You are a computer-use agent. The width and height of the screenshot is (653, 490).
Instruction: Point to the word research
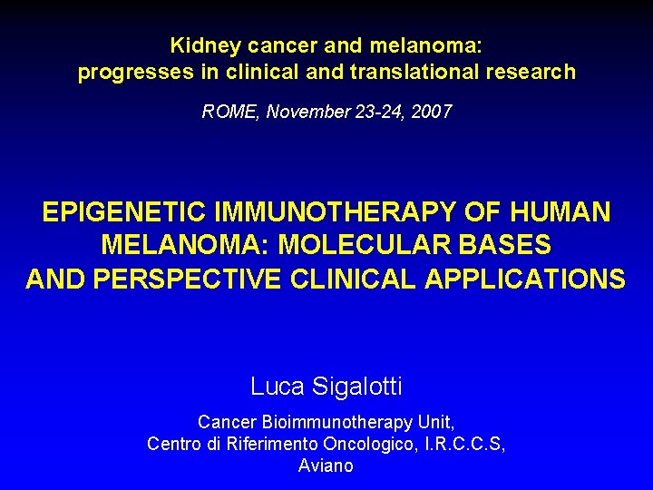531,73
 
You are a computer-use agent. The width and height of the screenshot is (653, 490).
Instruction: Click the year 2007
431,113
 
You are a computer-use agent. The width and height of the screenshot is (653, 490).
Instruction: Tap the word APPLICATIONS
525,278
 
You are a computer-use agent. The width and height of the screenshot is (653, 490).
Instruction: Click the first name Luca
277,387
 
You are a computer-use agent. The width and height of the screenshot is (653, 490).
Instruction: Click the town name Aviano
326,466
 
